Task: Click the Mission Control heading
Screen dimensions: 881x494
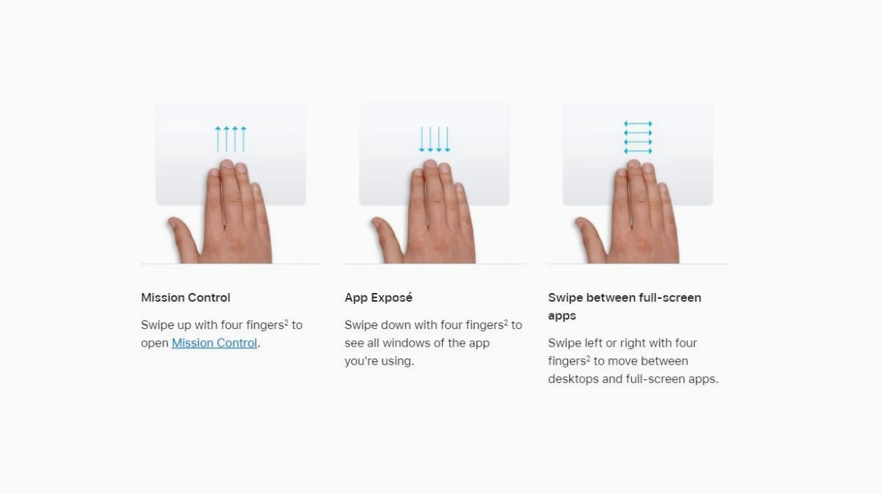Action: pyautogui.click(x=186, y=297)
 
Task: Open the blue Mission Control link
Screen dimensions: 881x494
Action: pyautogui.click(x=214, y=343)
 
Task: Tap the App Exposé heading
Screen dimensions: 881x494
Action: pyautogui.click(x=378, y=297)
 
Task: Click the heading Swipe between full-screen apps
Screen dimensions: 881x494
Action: pyautogui.click(x=624, y=306)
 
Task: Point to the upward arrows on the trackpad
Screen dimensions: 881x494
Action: pyautogui.click(x=231, y=138)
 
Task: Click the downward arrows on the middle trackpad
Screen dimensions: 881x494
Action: pyautogui.click(x=435, y=138)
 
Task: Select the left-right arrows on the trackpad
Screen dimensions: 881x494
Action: pyautogui.click(x=638, y=137)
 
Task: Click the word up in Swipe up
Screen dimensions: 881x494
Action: pyautogui.click(x=184, y=325)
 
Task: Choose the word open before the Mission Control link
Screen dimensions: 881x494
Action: pyautogui.click(x=155, y=344)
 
